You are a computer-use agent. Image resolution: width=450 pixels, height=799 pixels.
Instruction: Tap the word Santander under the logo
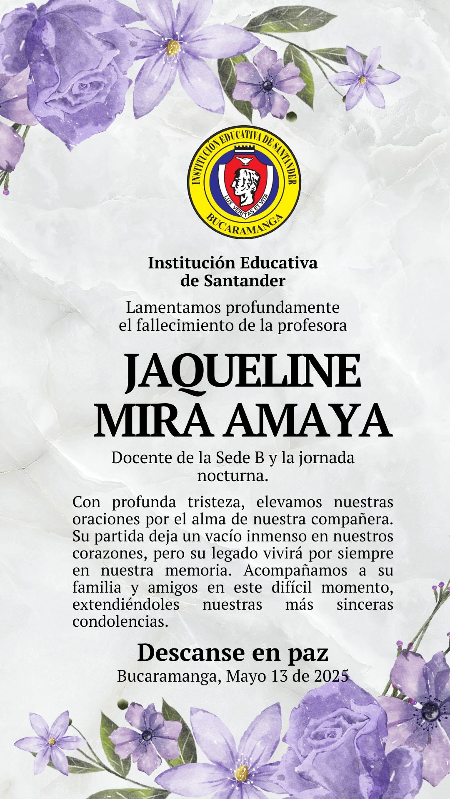244,281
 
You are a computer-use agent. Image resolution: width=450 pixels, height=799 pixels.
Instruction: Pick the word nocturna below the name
232,476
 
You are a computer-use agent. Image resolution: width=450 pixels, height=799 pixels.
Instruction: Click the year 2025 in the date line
331,676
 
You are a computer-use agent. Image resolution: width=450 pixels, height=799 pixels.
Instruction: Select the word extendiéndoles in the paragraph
126,605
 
